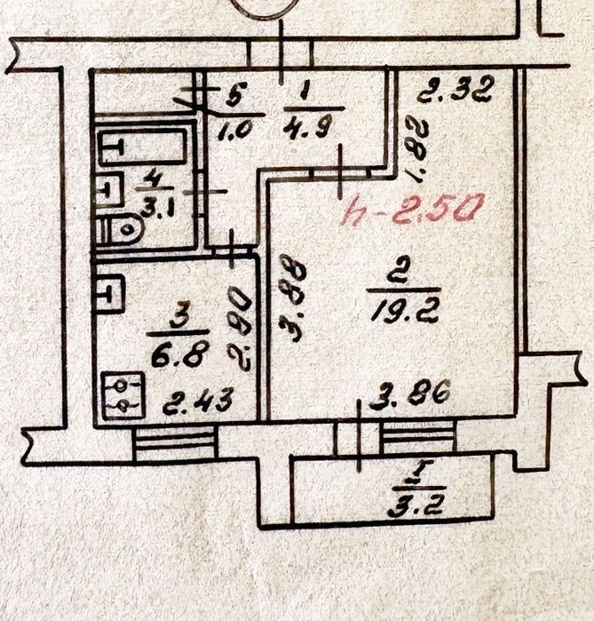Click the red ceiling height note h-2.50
pyautogui.click(x=412, y=209)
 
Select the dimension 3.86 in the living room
pyautogui.click(x=410, y=393)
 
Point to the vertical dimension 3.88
pyautogui.click(x=293, y=299)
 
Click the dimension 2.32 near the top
pyautogui.click(x=455, y=89)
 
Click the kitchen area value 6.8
pyautogui.click(x=179, y=354)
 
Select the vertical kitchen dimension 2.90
pyautogui.click(x=240, y=329)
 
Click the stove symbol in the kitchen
pyautogui.click(x=123, y=395)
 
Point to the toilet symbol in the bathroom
pyautogui.click(x=120, y=229)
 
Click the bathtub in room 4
pyautogui.click(x=142, y=146)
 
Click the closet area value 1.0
pyautogui.click(x=235, y=129)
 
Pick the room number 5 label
pyautogui.click(x=236, y=94)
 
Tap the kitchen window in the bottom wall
pyautogui.click(x=175, y=444)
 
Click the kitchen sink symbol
pyautogui.click(x=110, y=294)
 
